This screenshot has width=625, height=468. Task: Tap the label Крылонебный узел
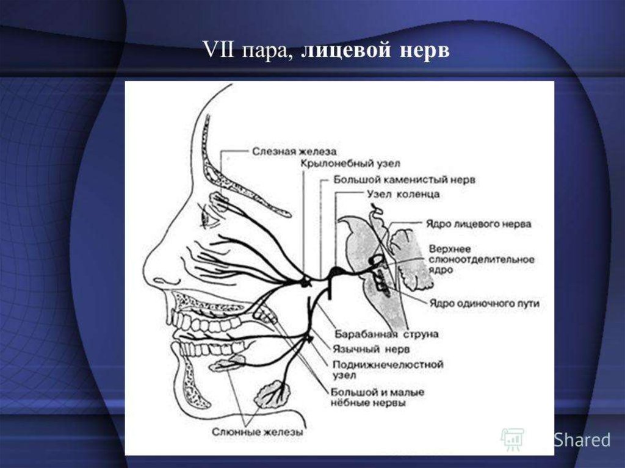[x=341, y=165]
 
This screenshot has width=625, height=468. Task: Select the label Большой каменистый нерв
[x=404, y=180]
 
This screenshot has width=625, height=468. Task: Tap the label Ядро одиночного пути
[x=484, y=303]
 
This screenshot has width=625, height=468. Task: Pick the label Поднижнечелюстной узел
[x=388, y=370]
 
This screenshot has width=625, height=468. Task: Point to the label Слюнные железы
[x=258, y=432]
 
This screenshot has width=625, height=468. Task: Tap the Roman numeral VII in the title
[x=220, y=51]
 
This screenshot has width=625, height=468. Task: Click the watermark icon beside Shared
[x=511, y=439]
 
